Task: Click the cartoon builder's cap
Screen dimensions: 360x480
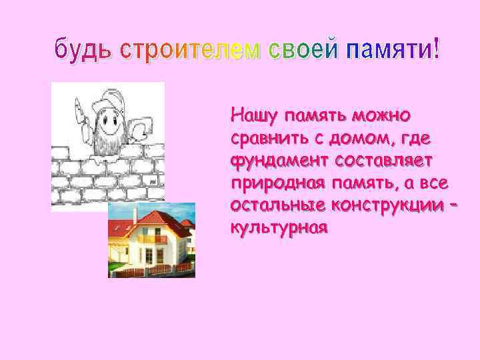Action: point(107,101)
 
